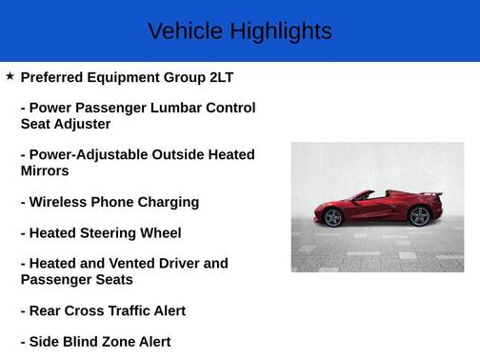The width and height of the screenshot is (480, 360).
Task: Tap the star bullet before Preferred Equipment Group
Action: [x=10, y=75]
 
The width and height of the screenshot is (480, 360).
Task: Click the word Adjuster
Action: [x=83, y=124]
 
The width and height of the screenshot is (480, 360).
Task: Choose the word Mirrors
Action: [x=45, y=171]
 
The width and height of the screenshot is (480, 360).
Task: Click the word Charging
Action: [x=168, y=202]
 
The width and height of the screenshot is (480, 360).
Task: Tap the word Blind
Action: [x=82, y=341]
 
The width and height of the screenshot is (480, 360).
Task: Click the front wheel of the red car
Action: [x=332, y=218]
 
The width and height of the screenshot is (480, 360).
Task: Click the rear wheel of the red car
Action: [x=418, y=216]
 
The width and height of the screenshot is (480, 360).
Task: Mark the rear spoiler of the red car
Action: [x=433, y=194]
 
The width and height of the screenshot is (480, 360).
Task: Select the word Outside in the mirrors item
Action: [x=177, y=154]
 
